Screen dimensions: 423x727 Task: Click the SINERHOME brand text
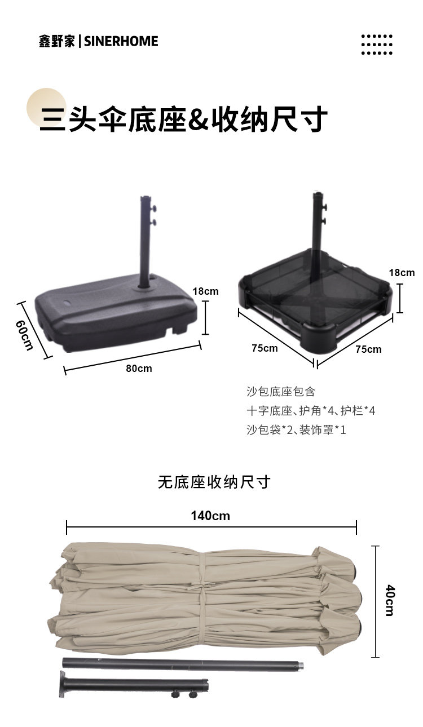[x=121, y=41]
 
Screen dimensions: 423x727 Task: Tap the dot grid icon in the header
[x=376, y=45]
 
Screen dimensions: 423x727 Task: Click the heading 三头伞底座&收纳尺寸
[x=183, y=119]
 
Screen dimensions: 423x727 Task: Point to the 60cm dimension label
[x=25, y=335]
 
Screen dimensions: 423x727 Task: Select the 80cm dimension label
[x=139, y=369]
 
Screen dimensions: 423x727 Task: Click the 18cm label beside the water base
[x=205, y=291]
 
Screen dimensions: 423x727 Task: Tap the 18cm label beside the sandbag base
[x=402, y=273]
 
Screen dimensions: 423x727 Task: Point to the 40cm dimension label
[x=390, y=600]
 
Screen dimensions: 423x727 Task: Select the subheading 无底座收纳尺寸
[x=214, y=482]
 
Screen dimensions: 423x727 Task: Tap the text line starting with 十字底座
[x=310, y=411]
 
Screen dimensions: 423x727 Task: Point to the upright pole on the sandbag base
[x=317, y=225]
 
